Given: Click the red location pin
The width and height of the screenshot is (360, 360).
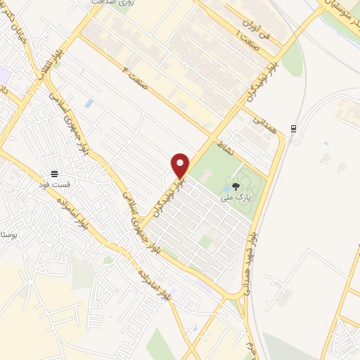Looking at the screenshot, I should pyautogui.click(x=181, y=165).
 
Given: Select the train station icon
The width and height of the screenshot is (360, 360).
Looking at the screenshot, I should pyautogui.click(x=294, y=129).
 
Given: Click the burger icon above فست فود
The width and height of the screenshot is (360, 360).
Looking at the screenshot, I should pyautogui.click(x=54, y=173).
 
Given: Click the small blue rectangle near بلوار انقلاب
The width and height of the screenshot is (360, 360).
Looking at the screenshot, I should pyautogui.click(x=89, y=103).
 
